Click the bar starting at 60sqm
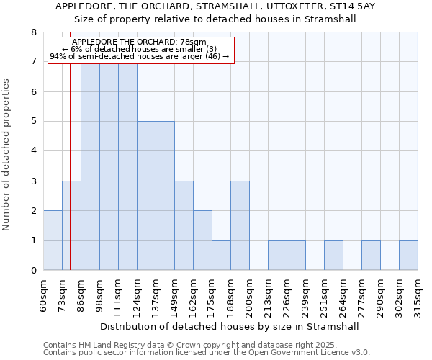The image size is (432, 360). click(x=53, y=240)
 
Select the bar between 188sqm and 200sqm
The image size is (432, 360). click(x=240, y=225)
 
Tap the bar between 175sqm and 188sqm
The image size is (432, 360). click(x=221, y=256)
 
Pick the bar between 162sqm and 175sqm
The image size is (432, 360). click(x=202, y=240)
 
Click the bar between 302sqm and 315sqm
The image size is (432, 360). click(x=408, y=256)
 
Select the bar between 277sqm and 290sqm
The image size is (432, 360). click(x=371, y=256)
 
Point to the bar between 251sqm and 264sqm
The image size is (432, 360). click(x=333, y=256)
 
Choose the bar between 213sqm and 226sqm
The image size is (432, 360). click(x=277, y=256)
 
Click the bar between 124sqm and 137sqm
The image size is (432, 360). click(x=146, y=196)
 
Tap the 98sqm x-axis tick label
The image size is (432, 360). click(x=100, y=294)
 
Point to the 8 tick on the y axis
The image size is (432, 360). click(x=33, y=32)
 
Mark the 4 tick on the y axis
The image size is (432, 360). click(x=33, y=151)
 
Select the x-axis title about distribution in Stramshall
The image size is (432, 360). click(x=229, y=326)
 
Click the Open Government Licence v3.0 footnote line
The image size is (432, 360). click(x=207, y=352)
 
